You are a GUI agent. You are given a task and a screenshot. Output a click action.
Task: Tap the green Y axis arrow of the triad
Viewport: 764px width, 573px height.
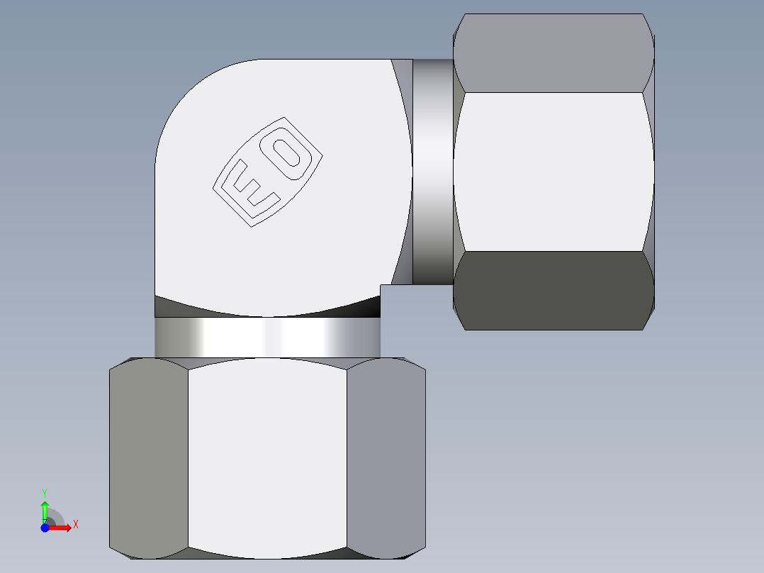coord(44,510)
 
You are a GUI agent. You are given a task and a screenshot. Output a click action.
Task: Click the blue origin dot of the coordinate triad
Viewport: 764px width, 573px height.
coord(44,527)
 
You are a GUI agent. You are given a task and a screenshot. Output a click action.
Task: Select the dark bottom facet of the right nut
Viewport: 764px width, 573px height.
coord(553,291)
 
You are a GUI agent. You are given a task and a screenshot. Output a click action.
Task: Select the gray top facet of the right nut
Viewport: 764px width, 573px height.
coord(553,53)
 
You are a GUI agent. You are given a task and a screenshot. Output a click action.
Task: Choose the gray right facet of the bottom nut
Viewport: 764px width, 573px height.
coord(386,457)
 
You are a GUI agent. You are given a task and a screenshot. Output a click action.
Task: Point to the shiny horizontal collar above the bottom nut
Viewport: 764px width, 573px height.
coord(268,337)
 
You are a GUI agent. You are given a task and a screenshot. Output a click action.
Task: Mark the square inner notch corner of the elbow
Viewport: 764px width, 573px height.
coord(381,285)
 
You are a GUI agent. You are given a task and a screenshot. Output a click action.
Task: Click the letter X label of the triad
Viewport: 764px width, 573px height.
coord(75,525)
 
